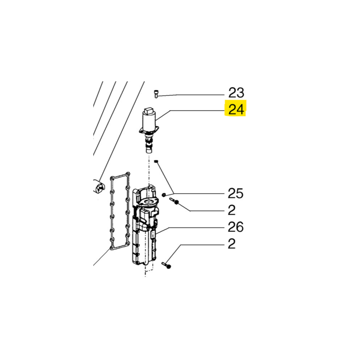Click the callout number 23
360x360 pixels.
236,93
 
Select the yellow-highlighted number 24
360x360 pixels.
236,109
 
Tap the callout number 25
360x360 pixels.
235,193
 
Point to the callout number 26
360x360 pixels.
235,227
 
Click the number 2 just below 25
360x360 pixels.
231,210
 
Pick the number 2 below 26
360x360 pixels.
231,244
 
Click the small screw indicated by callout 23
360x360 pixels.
156,94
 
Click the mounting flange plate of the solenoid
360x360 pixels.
149,131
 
